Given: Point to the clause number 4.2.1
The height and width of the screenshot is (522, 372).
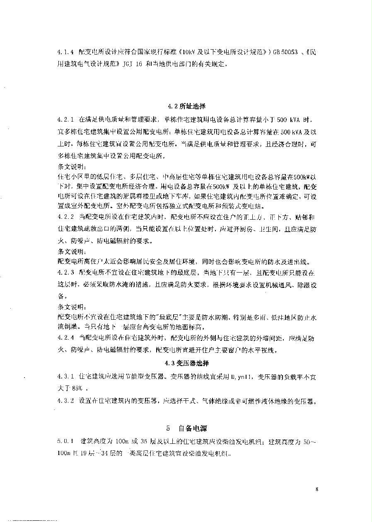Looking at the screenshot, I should tap(65, 120).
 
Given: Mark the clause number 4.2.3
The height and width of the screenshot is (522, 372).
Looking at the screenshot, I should tap(65, 273).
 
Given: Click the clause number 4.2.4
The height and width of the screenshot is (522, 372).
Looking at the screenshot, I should tap(65, 339).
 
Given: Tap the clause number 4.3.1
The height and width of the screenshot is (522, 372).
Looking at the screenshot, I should tap(65, 377).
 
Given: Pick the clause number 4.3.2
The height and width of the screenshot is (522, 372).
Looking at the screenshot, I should tap(65, 401).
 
